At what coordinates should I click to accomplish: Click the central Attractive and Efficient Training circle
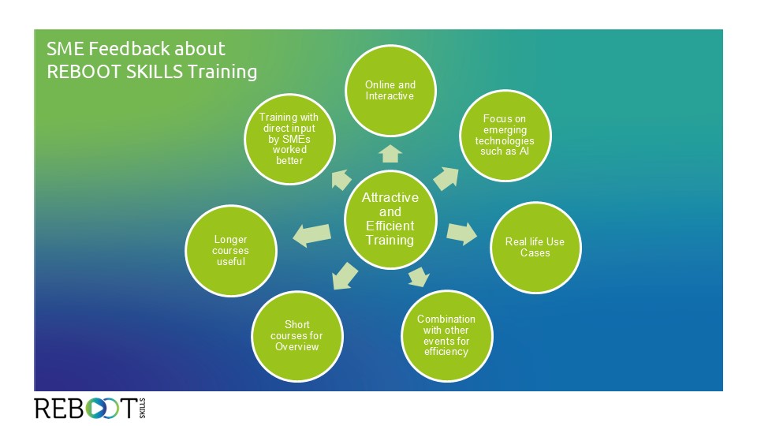[390, 219]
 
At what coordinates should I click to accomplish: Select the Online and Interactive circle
[390, 91]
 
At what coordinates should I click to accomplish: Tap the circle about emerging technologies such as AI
[505, 135]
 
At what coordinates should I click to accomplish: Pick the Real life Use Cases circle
[535, 247]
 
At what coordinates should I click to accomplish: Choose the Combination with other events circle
[446, 336]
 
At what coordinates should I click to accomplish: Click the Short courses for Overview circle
[297, 336]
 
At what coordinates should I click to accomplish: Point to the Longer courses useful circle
[231, 251]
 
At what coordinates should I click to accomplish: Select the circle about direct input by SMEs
[289, 139]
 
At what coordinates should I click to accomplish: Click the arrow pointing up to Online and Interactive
[390, 154]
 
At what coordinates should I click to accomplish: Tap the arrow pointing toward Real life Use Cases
[461, 234]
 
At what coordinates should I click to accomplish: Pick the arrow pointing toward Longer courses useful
[312, 235]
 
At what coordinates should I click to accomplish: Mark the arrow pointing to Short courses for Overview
[345, 277]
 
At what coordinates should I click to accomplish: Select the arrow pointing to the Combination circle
[419, 277]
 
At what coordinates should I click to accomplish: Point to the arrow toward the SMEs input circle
[341, 180]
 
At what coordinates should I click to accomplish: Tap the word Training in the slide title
[222, 72]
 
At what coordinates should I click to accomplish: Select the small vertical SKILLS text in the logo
[142, 408]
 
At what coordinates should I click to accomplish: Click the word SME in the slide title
[65, 49]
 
